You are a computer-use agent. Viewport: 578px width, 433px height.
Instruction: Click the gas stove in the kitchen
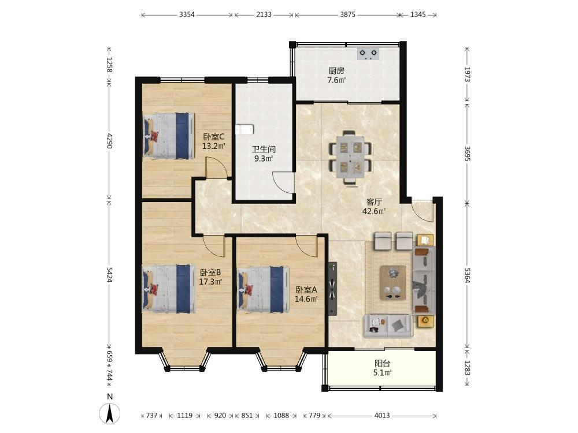point(368,54)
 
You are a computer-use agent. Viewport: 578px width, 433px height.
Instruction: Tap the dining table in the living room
point(350,158)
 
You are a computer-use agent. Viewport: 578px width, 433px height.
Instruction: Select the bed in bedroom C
point(169,136)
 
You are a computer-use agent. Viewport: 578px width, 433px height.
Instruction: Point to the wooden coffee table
point(393,283)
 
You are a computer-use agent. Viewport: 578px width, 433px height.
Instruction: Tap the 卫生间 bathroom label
point(264,149)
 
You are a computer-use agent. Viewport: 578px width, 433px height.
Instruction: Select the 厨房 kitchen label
point(336,70)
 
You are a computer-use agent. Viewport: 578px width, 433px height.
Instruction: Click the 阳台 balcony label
point(382,363)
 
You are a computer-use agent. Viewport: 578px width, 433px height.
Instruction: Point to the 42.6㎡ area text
point(374,211)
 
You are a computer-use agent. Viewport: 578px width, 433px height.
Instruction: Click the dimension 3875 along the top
point(347,14)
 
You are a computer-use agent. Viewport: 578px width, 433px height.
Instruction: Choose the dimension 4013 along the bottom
point(382,415)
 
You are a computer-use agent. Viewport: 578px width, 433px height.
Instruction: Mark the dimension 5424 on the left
point(109,275)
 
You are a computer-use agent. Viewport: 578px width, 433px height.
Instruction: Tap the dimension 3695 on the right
point(467,154)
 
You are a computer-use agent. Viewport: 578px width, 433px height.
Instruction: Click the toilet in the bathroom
point(244,129)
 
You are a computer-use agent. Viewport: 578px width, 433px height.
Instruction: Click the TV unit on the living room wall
point(333,289)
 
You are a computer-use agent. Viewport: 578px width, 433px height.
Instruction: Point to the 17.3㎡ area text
point(210,282)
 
